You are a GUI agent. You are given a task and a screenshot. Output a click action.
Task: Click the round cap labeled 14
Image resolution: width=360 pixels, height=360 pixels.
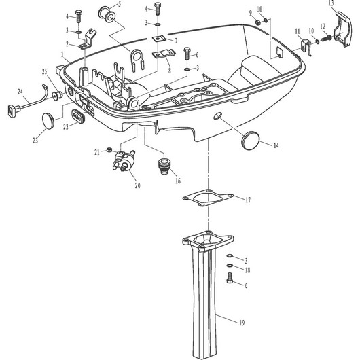[250, 140]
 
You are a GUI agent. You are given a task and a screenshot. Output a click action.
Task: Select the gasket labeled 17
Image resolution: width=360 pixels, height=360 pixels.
[208, 198]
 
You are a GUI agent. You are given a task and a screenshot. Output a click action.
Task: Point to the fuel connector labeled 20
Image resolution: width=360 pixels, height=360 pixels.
[124, 160]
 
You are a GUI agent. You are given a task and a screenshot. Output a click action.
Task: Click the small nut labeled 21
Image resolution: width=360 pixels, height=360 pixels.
[109, 150]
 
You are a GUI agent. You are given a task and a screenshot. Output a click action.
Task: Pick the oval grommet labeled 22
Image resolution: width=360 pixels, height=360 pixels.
[78, 115]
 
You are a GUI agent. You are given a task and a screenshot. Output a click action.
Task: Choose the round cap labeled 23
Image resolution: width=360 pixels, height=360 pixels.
[48, 121]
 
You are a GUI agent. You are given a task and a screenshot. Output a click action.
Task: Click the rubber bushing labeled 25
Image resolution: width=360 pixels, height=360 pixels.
[58, 96]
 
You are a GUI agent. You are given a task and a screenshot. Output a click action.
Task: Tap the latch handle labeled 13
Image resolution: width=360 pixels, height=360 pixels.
[343, 29]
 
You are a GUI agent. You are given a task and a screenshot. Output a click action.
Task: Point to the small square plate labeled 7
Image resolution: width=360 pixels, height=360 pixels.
[158, 39]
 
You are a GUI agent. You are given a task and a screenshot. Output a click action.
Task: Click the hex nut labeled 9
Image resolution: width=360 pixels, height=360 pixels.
[258, 22]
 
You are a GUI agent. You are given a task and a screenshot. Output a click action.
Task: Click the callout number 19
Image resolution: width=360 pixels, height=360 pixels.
[242, 323]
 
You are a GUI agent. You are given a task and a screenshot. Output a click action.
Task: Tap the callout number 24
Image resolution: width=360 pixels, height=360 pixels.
[20, 92]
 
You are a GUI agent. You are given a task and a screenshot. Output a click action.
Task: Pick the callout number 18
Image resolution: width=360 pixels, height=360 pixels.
[247, 270]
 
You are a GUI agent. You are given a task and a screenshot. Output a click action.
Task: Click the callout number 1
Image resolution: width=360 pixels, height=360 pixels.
[62, 54]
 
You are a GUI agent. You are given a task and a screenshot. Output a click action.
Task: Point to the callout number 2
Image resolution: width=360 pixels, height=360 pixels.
[67, 43]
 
